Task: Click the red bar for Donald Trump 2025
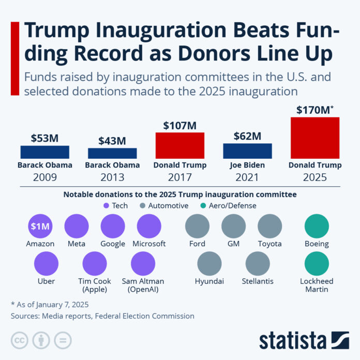click(x=315, y=138)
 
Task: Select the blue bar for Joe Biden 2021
click(x=247, y=151)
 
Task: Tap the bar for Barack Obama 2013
click(x=112, y=153)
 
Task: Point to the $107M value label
click(x=179, y=126)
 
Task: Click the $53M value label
click(x=44, y=138)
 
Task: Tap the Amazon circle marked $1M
click(x=40, y=227)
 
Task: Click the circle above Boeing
click(x=317, y=227)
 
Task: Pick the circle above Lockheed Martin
click(x=317, y=264)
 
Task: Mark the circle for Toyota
click(x=269, y=227)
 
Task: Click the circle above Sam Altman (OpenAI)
click(x=143, y=264)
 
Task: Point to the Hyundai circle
click(x=210, y=264)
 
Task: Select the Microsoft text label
click(x=149, y=244)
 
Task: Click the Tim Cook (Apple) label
click(x=95, y=285)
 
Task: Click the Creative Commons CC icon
click(x=20, y=340)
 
